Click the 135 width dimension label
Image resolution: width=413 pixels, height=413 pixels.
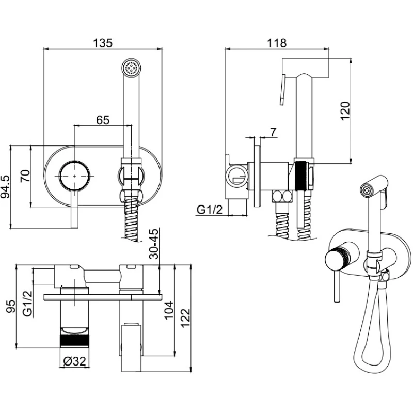(103, 43)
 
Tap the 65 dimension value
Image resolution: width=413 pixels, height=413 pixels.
(103, 120)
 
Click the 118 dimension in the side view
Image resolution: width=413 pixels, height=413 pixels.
(277, 43)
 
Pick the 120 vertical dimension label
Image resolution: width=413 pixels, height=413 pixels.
(345, 111)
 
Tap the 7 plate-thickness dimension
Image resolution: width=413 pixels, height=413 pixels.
(273, 132)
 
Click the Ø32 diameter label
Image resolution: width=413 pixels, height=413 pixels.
(75, 362)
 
